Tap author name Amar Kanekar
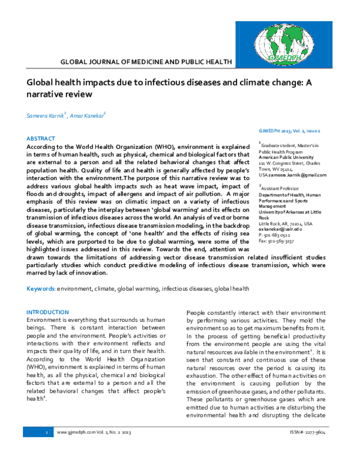point(88,115)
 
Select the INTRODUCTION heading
point(48,312)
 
